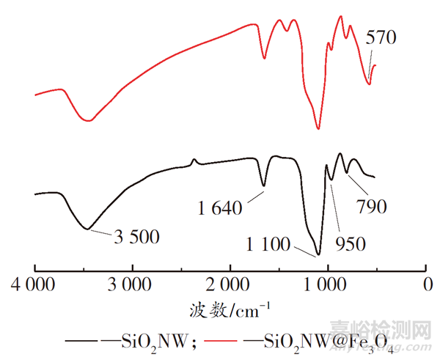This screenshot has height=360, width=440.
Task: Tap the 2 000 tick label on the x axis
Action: pyautogui.click(x=230, y=283)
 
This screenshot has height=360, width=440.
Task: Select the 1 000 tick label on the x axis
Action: pyautogui.click(x=327, y=283)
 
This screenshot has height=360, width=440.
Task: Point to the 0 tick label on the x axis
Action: pyautogui.click(x=426, y=283)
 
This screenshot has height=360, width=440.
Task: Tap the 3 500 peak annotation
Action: pyautogui.click(x=136, y=237)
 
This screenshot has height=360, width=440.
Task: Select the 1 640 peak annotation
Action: pyautogui.click(x=219, y=208)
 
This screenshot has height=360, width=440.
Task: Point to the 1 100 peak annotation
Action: pyautogui.click(x=271, y=243)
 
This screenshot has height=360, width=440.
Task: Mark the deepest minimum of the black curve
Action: pyautogui.click(x=318, y=254)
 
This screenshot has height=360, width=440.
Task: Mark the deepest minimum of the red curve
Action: pyautogui.click(x=318, y=128)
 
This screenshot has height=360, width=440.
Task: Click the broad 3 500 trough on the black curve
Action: pyautogui.click(x=88, y=229)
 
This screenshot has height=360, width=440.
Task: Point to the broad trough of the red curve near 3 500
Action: pyautogui.click(x=89, y=120)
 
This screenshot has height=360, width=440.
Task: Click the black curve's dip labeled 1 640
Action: pyautogui.click(x=264, y=186)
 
